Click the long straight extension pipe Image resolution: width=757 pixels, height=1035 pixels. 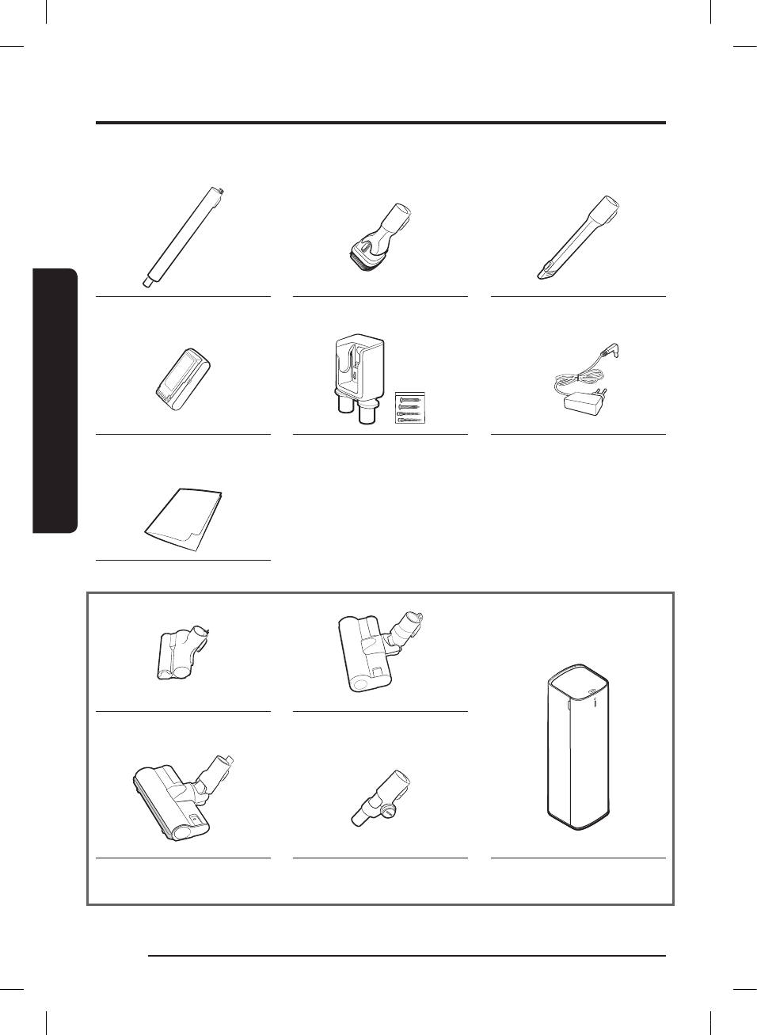click(x=183, y=236)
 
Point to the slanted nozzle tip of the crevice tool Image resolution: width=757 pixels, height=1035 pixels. click(x=546, y=272)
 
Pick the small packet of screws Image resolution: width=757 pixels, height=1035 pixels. click(x=410, y=407)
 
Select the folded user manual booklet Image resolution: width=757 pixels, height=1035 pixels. click(x=184, y=519)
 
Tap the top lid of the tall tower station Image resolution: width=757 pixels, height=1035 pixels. click(x=578, y=683)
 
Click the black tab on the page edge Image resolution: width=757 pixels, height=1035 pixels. click(x=55, y=401)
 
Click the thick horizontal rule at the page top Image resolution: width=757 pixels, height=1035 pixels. click(x=380, y=123)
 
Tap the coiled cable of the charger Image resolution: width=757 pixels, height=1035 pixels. click(x=582, y=379)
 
